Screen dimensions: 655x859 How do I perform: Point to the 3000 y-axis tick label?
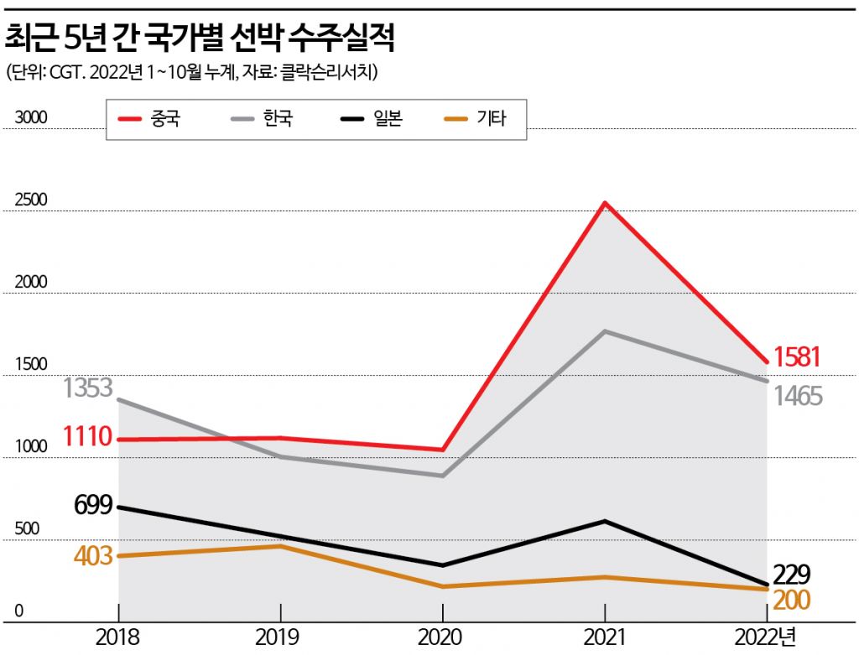coord(31,118)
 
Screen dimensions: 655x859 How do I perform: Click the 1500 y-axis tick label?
coord(31,365)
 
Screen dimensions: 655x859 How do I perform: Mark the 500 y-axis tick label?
coord(27,529)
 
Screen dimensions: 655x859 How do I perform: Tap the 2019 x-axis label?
coord(280,637)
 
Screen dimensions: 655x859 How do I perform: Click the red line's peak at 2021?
coord(605,203)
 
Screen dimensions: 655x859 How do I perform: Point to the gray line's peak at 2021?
coord(605,331)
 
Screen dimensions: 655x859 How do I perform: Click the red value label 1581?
coord(796,357)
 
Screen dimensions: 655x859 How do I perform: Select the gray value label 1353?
coord(87,388)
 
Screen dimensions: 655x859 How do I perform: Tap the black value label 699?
coord(93,505)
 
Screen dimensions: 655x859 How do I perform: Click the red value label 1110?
coord(87,436)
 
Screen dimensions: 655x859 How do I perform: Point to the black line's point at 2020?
coord(442,565)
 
